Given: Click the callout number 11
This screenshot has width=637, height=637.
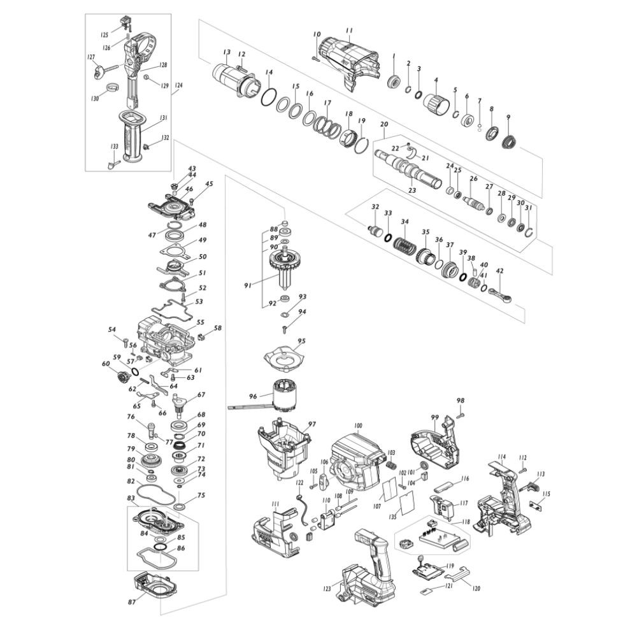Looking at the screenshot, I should coord(348,31).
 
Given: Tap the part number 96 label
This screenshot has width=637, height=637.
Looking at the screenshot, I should coord(253,396).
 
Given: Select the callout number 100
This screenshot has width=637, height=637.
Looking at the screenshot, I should coord(357,425).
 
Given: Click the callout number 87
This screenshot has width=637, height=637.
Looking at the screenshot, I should coord(132,601).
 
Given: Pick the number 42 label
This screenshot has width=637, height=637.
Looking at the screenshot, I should coord(499,271).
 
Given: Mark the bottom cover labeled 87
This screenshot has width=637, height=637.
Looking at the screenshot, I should coord(155,587).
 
